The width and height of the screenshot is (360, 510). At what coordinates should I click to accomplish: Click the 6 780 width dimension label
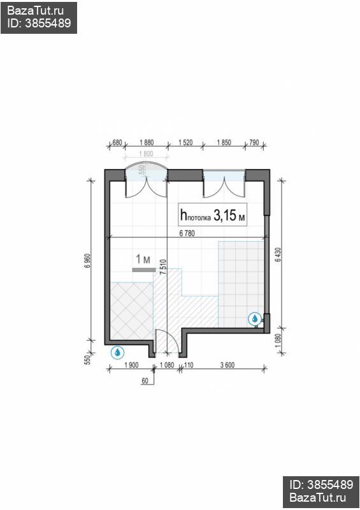click(x=187, y=233)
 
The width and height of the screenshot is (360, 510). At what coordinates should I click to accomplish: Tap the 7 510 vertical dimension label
click(x=164, y=266)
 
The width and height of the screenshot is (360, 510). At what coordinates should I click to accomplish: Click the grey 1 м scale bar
click(x=144, y=270)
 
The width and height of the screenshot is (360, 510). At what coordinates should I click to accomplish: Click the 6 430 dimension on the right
click(x=278, y=255)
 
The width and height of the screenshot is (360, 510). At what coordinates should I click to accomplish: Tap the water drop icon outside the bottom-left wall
click(x=117, y=353)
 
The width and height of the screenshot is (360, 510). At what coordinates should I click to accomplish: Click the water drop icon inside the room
click(x=255, y=319)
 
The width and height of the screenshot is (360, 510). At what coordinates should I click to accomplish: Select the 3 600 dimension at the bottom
click(x=227, y=365)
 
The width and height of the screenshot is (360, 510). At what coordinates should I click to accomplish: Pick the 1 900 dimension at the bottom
click(x=131, y=365)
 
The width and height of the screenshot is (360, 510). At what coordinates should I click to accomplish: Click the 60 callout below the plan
click(x=145, y=381)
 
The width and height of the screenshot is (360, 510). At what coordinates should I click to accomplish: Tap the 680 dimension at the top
click(x=117, y=142)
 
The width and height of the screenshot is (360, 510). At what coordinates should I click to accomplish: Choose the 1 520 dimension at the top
click(x=185, y=142)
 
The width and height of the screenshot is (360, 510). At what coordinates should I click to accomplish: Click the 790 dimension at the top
click(x=254, y=142)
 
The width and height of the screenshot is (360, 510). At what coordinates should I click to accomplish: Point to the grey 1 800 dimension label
click(x=146, y=154)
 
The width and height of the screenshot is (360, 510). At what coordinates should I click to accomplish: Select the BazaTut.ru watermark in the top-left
click(x=36, y=11)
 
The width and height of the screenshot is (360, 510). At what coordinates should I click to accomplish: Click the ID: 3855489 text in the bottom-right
click(x=321, y=484)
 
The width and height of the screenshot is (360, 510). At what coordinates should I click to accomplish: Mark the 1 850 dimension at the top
click(x=224, y=142)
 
